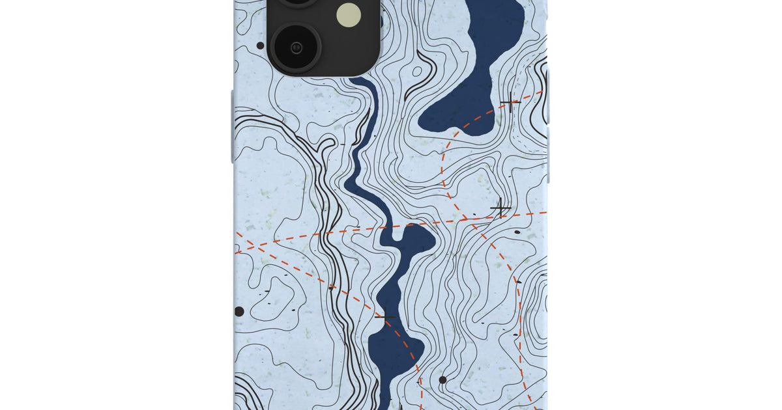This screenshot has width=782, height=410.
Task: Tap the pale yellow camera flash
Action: (349, 14)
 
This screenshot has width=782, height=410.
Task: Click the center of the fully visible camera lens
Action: (296, 47)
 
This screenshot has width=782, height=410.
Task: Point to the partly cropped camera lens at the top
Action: (297, 3)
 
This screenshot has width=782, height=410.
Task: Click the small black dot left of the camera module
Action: (261, 46)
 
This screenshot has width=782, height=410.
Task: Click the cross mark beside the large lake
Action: (510, 102)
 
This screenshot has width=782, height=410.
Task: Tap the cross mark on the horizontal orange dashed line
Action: (500, 208)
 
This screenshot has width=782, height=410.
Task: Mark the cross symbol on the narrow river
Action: (385, 318)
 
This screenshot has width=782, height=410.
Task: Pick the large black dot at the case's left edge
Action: (239, 312)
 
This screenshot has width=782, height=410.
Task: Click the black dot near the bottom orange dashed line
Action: (442, 379)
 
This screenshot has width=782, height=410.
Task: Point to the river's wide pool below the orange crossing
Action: (407, 244)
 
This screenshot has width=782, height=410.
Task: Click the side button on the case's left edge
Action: (232, 127)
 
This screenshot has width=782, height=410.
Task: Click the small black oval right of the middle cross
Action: (517, 232)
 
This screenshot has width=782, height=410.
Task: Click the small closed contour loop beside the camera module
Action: (382, 20)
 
